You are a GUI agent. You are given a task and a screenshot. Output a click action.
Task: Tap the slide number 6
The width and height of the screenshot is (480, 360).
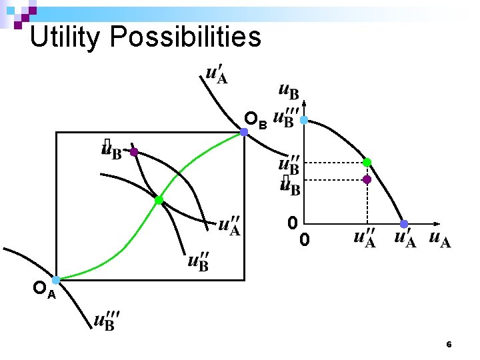coord(449,345)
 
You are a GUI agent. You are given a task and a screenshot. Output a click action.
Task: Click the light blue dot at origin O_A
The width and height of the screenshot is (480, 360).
coord(57,280)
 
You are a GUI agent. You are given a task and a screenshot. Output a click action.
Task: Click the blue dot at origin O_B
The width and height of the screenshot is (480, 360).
coord(244,132)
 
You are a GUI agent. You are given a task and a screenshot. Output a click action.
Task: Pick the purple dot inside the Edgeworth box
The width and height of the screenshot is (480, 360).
coord(134,152)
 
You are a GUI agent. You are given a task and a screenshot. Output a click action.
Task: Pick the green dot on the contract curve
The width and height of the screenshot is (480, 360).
coord(159,200)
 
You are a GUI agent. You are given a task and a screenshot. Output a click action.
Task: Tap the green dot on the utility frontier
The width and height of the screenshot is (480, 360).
coord(367,162)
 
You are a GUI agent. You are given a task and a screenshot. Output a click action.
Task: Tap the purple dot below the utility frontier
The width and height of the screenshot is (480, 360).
coord(367,179)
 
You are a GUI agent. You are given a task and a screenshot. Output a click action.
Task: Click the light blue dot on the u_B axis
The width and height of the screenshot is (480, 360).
coord(303,120)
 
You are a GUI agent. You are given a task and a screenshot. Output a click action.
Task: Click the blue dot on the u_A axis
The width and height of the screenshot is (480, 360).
coord(404,224)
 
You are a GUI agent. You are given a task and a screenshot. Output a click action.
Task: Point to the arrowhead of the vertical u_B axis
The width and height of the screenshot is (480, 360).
coord(304,103)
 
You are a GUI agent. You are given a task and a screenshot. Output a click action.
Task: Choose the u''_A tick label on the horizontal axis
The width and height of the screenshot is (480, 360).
coord(365,238)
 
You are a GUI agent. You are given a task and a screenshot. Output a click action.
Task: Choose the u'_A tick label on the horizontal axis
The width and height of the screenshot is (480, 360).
coord(405,238)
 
